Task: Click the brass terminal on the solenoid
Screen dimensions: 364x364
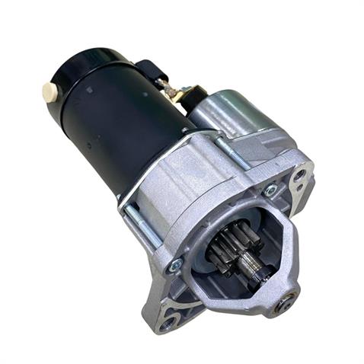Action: (x=181, y=94)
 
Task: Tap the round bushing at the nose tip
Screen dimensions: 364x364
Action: (x=289, y=301)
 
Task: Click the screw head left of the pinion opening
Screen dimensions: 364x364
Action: (x=177, y=264)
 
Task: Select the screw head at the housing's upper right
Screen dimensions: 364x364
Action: (x=270, y=190)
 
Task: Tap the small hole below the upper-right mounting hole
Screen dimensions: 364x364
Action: (x=300, y=202)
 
